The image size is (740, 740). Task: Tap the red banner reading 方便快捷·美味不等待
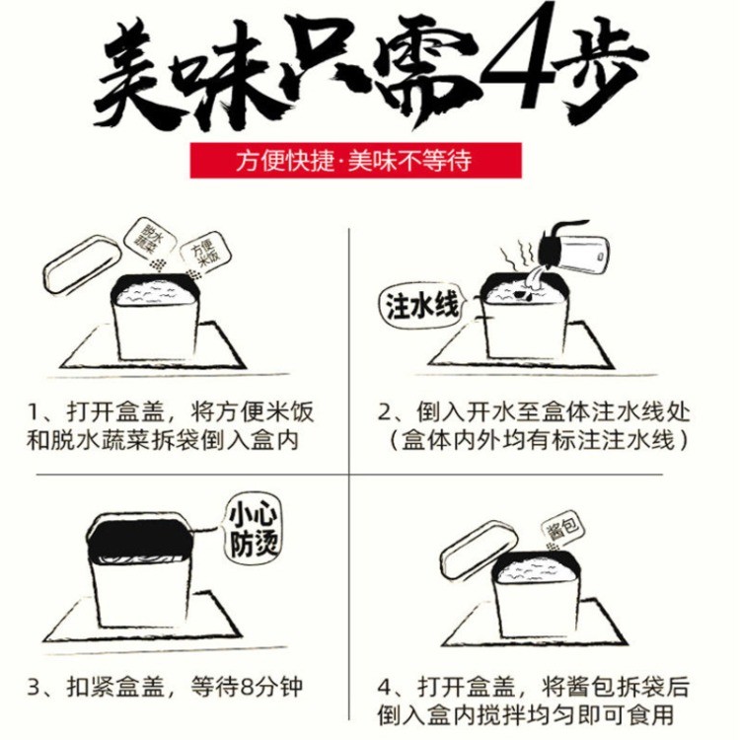click(356, 161)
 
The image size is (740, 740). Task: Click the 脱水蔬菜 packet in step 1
click(149, 239)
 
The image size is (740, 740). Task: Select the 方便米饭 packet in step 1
click(206, 253)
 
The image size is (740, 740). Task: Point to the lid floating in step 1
click(81, 263)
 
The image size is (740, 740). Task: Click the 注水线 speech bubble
click(422, 306)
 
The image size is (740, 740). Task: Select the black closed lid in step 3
click(140, 537)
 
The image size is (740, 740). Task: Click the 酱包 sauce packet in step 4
click(562, 526)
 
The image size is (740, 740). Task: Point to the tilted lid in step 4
click(478, 551)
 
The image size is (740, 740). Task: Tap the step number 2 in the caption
click(385, 412)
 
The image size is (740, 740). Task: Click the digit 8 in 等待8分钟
click(248, 687)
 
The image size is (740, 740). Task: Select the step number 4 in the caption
click(385, 687)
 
